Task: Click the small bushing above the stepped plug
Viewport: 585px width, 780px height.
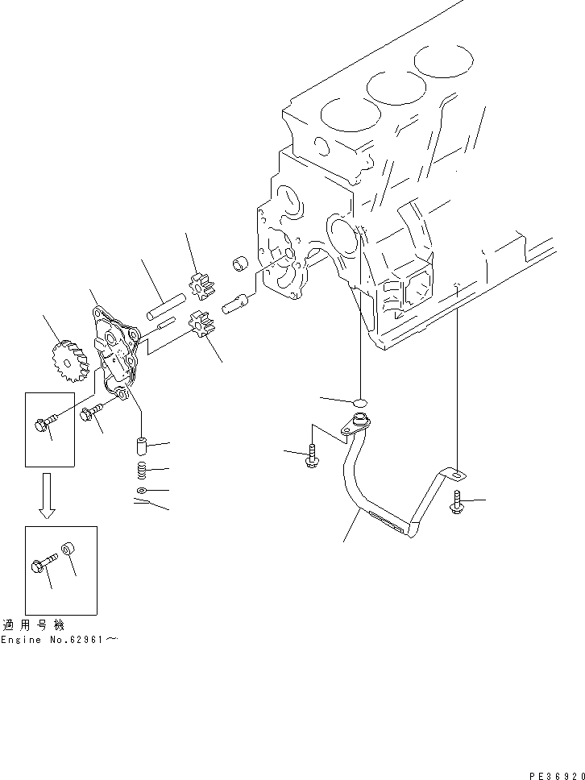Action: pos(239,264)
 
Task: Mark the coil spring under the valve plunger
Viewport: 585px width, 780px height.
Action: pos(141,470)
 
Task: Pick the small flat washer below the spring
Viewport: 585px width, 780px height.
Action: pos(141,490)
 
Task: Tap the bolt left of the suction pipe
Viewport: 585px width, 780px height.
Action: pos(313,455)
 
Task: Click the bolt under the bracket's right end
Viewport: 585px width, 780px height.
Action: pos(457,503)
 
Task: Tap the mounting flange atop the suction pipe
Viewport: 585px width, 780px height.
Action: pos(357,421)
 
